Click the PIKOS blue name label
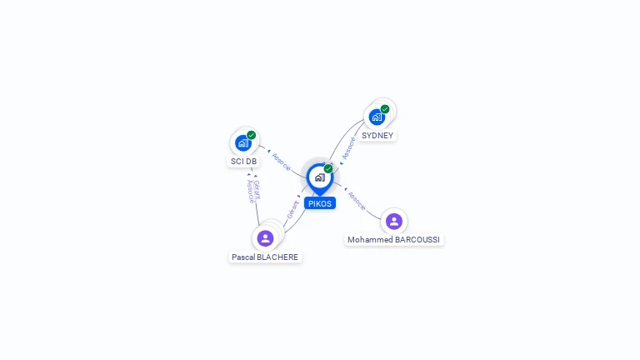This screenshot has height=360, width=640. [320, 203]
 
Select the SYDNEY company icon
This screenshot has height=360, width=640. [377, 117]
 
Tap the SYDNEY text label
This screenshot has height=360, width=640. [377, 136]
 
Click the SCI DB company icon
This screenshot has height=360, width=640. [243, 143]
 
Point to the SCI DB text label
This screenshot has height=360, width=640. [243, 161]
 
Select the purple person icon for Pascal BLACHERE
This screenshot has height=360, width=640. [265, 238]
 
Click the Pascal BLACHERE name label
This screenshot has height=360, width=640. [265, 257]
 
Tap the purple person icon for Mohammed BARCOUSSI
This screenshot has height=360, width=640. [394, 221]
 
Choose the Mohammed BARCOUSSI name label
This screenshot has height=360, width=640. [393, 240]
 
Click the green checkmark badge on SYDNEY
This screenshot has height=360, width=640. [385, 109]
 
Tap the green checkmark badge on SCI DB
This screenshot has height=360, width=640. [251, 135]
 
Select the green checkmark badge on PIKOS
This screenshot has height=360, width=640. [328, 168]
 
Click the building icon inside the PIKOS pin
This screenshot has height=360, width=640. [320, 177]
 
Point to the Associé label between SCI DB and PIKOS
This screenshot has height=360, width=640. [281, 162]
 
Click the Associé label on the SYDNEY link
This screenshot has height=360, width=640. [348, 148]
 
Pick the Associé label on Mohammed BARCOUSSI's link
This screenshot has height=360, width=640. [357, 201]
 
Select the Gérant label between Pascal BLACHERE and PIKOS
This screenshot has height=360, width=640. [292, 210]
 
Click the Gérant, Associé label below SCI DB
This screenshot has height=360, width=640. [253, 191]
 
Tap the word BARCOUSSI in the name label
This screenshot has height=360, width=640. [417, 240]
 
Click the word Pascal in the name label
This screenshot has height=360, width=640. [242, 257]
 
